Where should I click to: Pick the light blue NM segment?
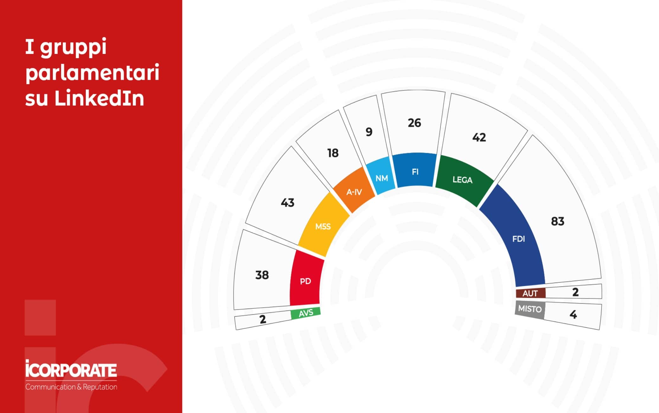tap(381, 176)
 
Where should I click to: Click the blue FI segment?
tap(415, 170)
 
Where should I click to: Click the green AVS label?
tap(306, 313)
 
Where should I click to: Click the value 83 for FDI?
tap(558, 221)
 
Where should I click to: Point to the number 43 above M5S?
tap(287, 202)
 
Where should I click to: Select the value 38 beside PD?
tap(262, 275)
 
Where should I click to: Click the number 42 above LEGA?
tap(479, 137)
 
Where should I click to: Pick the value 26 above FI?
tap(414, 123)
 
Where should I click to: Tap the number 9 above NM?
tap(369, 132)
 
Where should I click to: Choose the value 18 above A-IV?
tap(333, 153)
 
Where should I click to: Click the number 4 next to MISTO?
tap(573, 314)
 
